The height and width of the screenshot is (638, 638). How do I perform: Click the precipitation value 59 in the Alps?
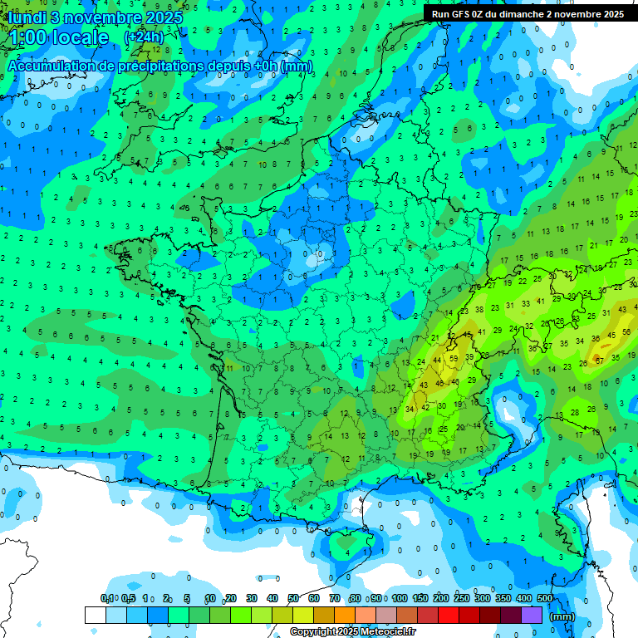point(453,358)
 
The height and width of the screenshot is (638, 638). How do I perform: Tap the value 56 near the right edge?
point(626,335)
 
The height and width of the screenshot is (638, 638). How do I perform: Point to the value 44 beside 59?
point(438,359)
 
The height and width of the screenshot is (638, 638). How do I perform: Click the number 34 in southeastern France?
point(409,408)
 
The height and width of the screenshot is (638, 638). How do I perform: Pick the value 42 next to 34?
point(425,407)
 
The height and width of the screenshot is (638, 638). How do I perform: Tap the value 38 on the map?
point(478,310)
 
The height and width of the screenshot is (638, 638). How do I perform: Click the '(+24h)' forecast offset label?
point(144,37)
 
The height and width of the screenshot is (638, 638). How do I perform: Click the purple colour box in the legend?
point(532,616)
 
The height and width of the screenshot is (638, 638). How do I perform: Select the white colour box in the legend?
point(96,616)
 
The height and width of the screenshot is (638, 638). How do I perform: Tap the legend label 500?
point(545,598)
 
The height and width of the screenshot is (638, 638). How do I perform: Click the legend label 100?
point(399,598)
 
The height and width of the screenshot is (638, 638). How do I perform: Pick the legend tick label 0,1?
point(107,598)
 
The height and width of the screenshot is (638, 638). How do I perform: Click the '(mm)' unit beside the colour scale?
point(562,616)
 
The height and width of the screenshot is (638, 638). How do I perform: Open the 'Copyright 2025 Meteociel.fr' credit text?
point(353,632)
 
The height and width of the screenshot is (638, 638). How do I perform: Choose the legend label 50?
point(293,598)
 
